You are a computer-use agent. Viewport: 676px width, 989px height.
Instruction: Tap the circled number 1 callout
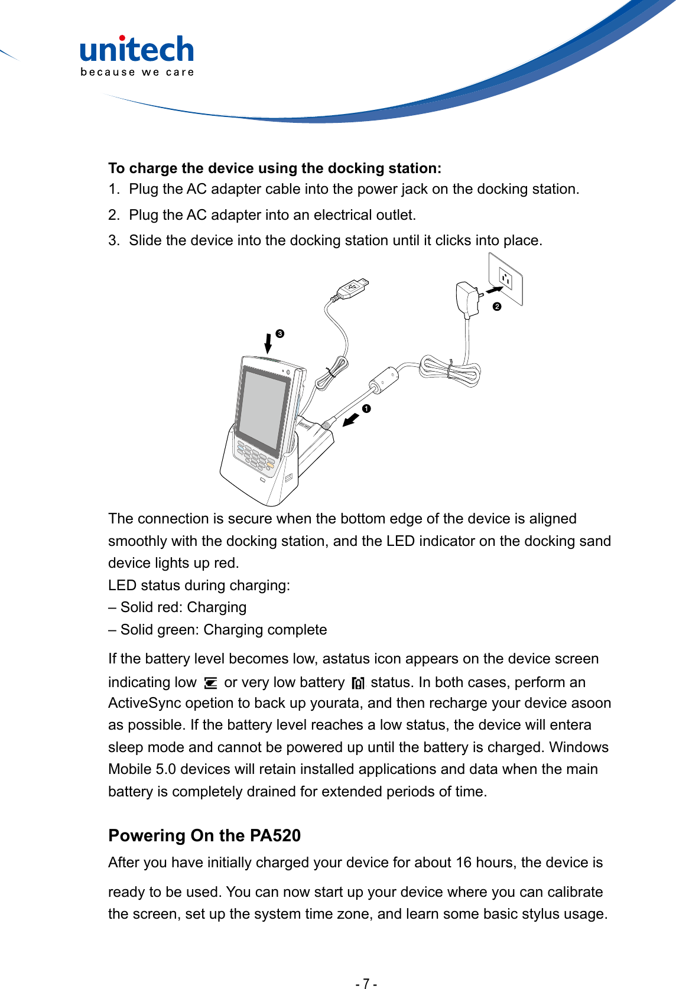pyautogui.click(x=366, y=409)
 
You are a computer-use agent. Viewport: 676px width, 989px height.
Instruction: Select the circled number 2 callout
pyautogui.click(x=497, y=307)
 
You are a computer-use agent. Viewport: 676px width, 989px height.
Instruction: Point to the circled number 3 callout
pyautogui.click(x=280, y=334)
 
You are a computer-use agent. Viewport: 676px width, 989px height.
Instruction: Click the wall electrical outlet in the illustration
pyautogui.click(x=506, y=279)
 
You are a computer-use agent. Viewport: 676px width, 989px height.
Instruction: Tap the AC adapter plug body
pyautogui.click(x=467, y=298)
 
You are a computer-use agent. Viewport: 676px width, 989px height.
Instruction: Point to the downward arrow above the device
pyautogui.click(x=268, y=343)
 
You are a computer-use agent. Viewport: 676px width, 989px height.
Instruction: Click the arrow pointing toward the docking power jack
pyautogui.click(x=350, y=420)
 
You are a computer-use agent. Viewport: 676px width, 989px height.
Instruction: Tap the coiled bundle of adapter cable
pyautogui.click(x=450, y=371)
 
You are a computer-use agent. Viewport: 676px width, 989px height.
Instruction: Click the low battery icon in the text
pyautogui.click(x=210, y=684)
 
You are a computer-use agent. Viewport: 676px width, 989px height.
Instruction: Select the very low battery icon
pyautogui.click(x=358, y=684)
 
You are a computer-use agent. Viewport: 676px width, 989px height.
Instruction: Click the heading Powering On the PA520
pyautogui.click(x=204, y=835)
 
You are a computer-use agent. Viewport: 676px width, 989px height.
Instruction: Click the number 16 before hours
pyautogui.click(x=464, y=863)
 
